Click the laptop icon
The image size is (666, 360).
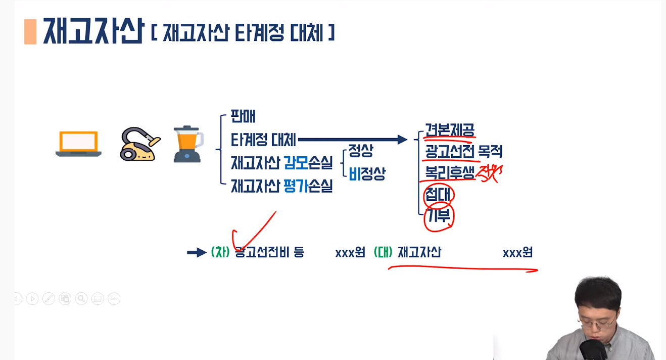coord(78,144)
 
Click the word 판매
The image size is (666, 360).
coord(243,116)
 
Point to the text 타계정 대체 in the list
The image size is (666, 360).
coord(263,140)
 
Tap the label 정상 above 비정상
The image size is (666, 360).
coord(361,151)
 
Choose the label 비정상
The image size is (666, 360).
coord(367,174)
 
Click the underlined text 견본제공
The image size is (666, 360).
coord(450,130)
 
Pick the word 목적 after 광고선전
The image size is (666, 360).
coord(490,152)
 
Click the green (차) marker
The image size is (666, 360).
coord(220,252)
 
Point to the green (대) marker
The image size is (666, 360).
coord(383,252)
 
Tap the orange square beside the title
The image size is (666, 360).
coord(30,32)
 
